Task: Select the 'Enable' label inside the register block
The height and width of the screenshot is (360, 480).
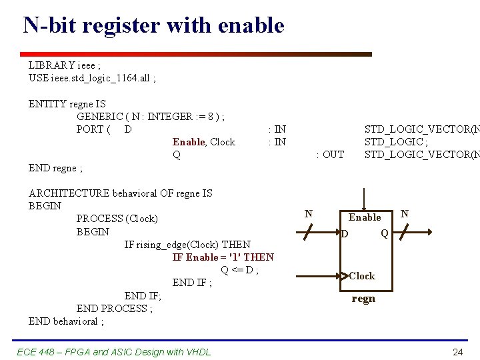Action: pyautogui.click(x=365, y=217)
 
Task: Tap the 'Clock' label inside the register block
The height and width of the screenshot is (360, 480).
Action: pyautogui.click(x=362, y=276)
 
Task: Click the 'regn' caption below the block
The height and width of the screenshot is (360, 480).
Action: pyautogui.click(x=363, y=299)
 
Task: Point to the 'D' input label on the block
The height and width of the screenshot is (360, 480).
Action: pyautogui.click(x=344, y=234)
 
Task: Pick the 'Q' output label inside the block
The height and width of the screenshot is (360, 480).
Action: pyautogui.click(x=385, y=233)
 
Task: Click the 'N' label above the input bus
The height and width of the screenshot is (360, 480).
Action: pyautogui.click(x=308, y=214)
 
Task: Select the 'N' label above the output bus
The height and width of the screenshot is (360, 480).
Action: pyautogui.click(x=404, y=214)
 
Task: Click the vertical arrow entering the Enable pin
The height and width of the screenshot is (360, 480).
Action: pyautogui.click(x=364, y=199)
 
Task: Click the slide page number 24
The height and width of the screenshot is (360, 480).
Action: pyautogui.click(x=457, y=352)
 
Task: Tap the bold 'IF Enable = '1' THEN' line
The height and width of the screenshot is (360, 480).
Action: pyautogui.click(x=223, y=257)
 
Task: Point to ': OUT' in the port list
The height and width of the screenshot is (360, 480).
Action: pyautogui.click(x=329, y=155)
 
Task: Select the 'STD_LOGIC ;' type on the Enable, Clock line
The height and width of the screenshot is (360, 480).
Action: pyautogui.click(x=394, y=142)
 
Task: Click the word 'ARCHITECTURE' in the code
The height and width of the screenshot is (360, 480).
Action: pyautogui.click(x=69, y=193)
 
